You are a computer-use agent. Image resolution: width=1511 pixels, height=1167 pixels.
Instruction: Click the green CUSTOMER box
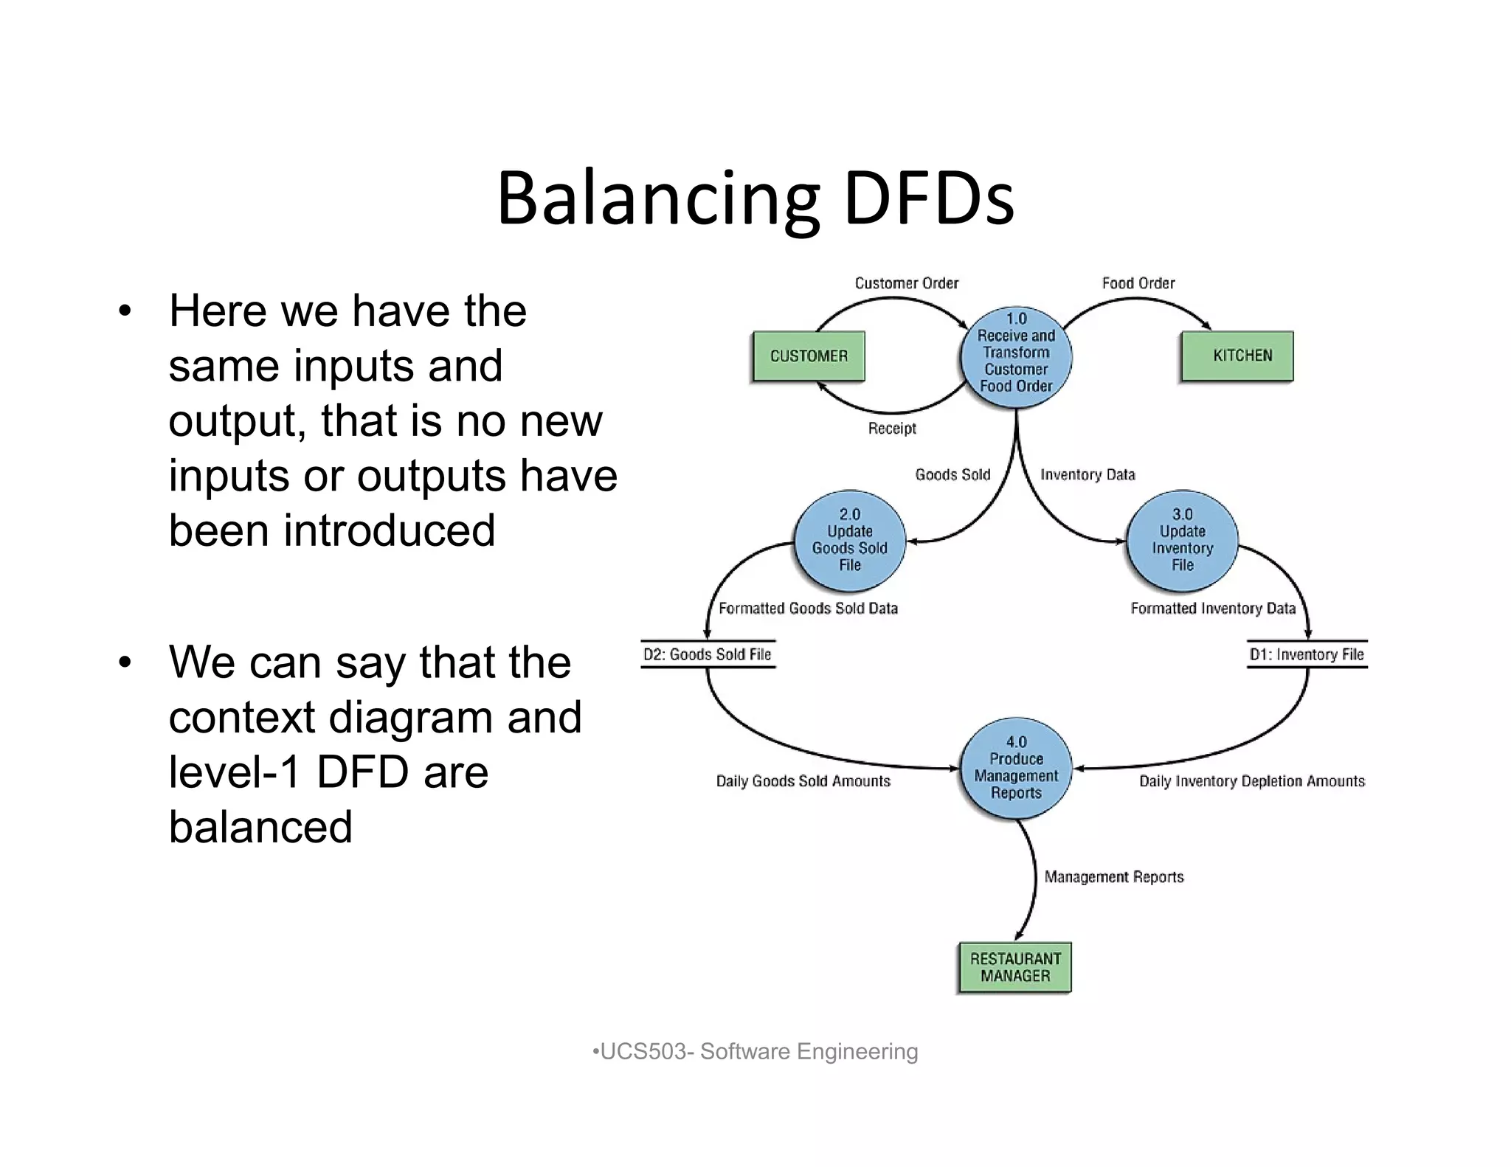[809, 356]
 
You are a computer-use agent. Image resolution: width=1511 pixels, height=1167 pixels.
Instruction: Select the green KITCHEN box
[1237, 356]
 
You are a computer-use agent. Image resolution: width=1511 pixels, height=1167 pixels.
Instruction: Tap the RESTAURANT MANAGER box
[1015, 968]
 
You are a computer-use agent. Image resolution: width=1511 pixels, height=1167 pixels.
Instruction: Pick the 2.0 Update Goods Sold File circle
[850, 541]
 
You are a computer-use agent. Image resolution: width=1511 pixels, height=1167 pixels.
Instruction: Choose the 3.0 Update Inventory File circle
[1182, 541]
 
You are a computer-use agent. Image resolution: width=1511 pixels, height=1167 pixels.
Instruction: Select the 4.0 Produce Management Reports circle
[1016, 768]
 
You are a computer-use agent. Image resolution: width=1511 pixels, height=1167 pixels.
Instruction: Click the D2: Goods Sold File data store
[708, 654]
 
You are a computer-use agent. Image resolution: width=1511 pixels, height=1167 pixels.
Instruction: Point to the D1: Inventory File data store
[1307, 654]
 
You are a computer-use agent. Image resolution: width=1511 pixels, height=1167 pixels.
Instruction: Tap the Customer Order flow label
[906, 283]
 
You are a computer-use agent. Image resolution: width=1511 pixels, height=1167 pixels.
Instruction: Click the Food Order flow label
[1138, 283]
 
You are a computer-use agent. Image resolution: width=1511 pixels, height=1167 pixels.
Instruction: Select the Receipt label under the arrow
[891, 429]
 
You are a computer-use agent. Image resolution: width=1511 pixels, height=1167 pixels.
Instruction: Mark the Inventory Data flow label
[1088, 475]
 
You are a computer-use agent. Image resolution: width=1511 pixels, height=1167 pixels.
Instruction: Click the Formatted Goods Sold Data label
[808, 609]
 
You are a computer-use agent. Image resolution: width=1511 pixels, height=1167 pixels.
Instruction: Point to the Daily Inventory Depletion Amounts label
[1251, 781]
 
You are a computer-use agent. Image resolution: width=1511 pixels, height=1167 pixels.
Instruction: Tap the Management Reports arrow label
[1113, 877]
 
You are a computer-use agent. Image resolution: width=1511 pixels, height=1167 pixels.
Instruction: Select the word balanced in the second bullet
[260, 827]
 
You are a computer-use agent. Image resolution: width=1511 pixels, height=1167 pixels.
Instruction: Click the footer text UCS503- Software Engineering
[755, 1051]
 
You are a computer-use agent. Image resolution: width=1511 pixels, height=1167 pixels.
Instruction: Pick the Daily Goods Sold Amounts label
[803, 781]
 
